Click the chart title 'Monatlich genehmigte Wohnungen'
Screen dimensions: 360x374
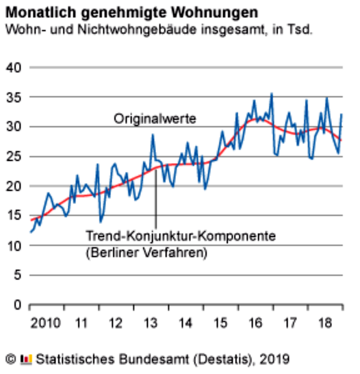pos(132,12)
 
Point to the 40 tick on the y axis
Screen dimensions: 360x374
pos(14,68)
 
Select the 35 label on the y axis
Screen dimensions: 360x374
pos(14,97)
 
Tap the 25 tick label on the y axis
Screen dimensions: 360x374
pos(14,156)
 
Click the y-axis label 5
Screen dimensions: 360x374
pos(17,275)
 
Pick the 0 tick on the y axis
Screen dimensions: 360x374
pos(17,305)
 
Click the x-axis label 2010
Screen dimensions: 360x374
pos(45,323)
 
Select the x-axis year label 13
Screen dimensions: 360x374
pos(151,323)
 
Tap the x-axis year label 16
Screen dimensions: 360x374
pos(255,323)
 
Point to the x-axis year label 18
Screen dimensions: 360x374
pos(325,323)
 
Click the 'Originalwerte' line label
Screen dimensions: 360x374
pos(155,119)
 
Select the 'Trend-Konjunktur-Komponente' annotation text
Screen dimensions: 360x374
pos(181,236)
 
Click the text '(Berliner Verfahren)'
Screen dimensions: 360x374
pos(146,252)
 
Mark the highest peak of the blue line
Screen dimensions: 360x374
pos(272,93)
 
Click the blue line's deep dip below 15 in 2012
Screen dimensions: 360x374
pos(101,222)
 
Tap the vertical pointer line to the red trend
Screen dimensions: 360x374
pos(156,198)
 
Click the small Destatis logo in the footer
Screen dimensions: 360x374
pos(26,360)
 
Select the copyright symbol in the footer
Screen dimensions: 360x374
pos(11,359)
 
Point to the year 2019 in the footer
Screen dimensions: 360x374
pos(274,359)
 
